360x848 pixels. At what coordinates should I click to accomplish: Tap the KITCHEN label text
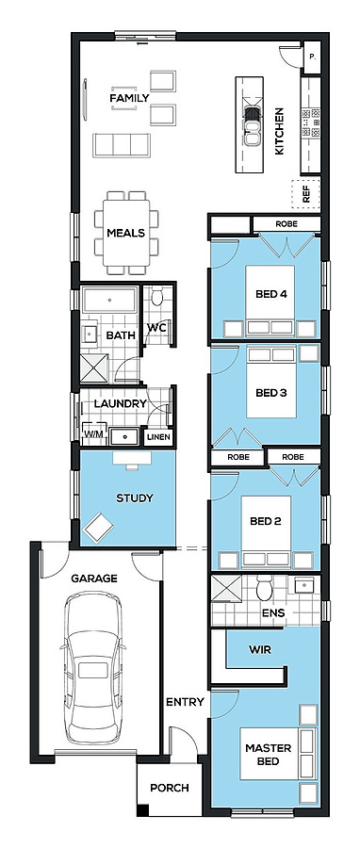click(280, 131)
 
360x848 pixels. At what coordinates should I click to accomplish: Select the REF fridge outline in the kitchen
click(306, 193)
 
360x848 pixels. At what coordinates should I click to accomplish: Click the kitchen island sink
click(252, 126)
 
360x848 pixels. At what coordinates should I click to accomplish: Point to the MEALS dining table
click(126, 233)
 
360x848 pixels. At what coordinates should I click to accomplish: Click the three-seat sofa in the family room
click(121, 145)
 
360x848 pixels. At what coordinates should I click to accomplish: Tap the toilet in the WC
click(157, 297)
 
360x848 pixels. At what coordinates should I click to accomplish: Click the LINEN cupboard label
click(157, 437)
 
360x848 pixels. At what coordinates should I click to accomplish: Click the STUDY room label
click(135, 498)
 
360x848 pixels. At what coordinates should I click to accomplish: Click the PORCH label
click(170, 788)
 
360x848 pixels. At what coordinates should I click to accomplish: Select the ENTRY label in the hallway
click(185, 702)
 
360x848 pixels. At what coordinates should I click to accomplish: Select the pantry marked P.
click(312, 57)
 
